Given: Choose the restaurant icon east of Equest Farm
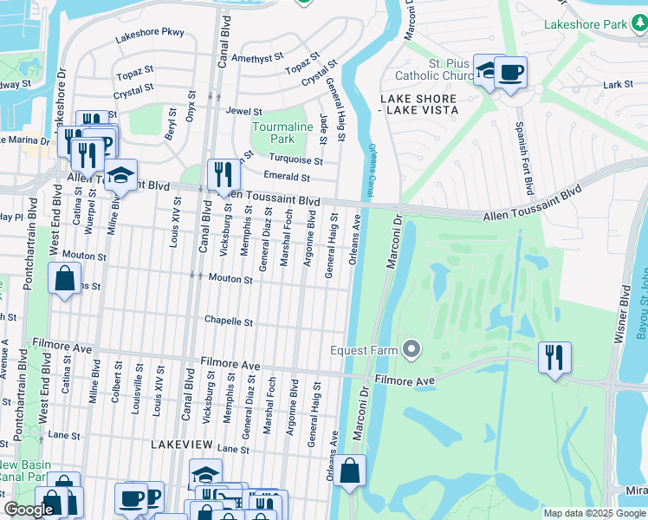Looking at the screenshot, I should click(554, 357).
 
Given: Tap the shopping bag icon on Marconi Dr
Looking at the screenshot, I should click(348, 471).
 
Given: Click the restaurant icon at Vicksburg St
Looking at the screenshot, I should click(224, 174).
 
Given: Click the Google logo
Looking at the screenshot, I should click(29, 510).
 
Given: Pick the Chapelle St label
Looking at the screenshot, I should click(228, 321).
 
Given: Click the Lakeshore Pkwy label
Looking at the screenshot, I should click(150, 33).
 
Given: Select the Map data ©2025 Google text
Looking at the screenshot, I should click(593, 513).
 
